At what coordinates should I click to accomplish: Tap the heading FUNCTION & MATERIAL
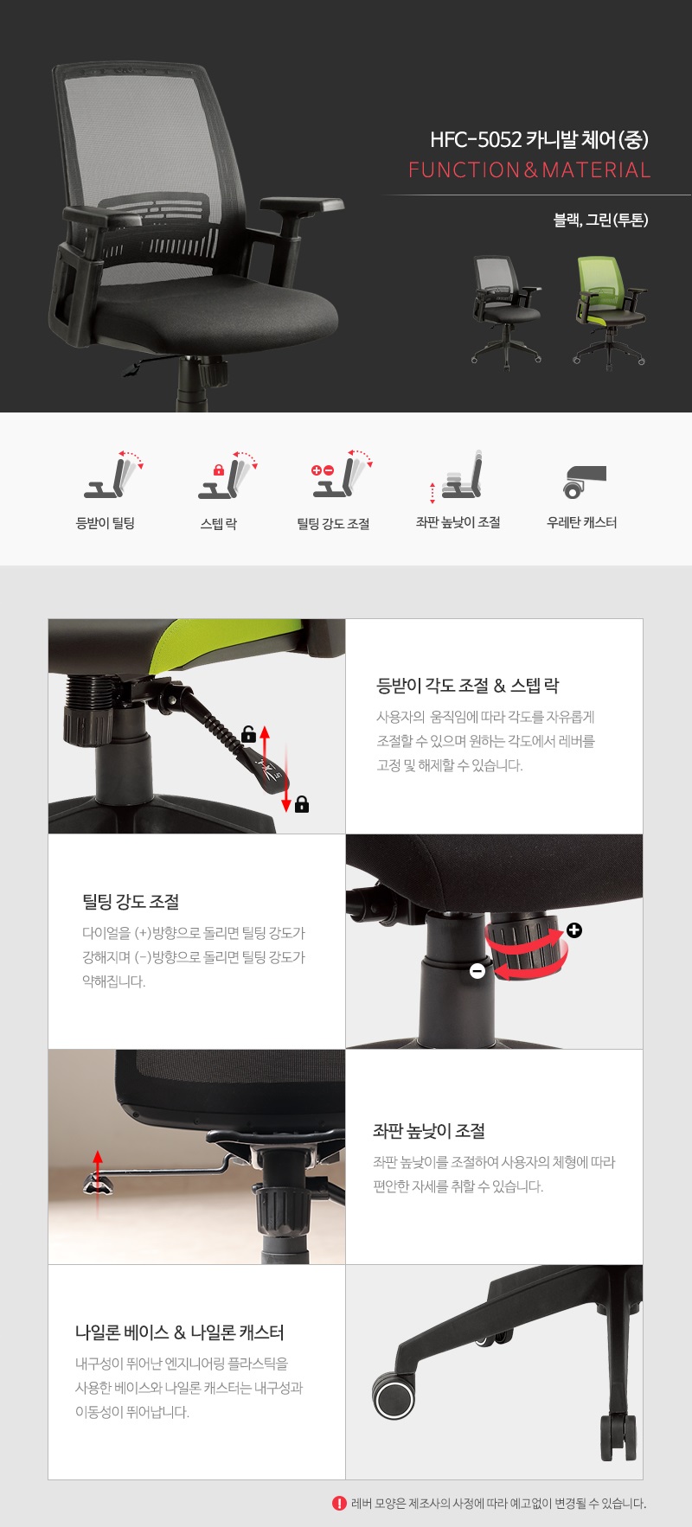529,169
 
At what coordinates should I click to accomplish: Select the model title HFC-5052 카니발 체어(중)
539,139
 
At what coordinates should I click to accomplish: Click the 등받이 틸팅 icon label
106,523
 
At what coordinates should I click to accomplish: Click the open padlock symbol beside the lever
249,734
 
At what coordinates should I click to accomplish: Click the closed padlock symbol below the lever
302,804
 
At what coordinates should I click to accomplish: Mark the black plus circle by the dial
574,930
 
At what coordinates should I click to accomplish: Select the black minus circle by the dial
477,971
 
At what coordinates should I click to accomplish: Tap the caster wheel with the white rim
394,1395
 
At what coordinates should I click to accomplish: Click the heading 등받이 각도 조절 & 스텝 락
468,686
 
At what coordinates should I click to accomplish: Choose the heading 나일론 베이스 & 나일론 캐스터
180,1332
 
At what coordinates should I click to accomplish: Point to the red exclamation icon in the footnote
339,1503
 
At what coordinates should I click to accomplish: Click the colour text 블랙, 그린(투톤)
601,220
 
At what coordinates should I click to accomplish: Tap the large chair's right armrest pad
302,206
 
